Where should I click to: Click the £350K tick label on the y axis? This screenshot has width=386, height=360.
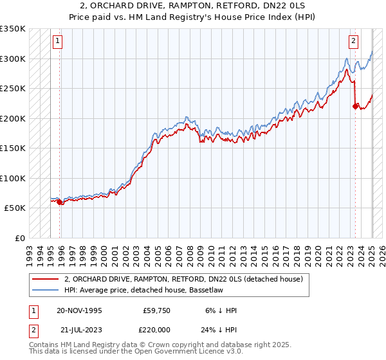13,29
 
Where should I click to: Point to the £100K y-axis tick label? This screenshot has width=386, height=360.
13,178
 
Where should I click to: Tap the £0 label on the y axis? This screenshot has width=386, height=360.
19,238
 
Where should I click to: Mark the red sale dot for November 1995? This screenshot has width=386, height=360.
60,202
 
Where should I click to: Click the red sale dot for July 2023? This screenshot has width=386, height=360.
355,107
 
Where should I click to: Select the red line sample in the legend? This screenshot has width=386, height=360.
46,278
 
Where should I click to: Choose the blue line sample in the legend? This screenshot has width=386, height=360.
46,291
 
